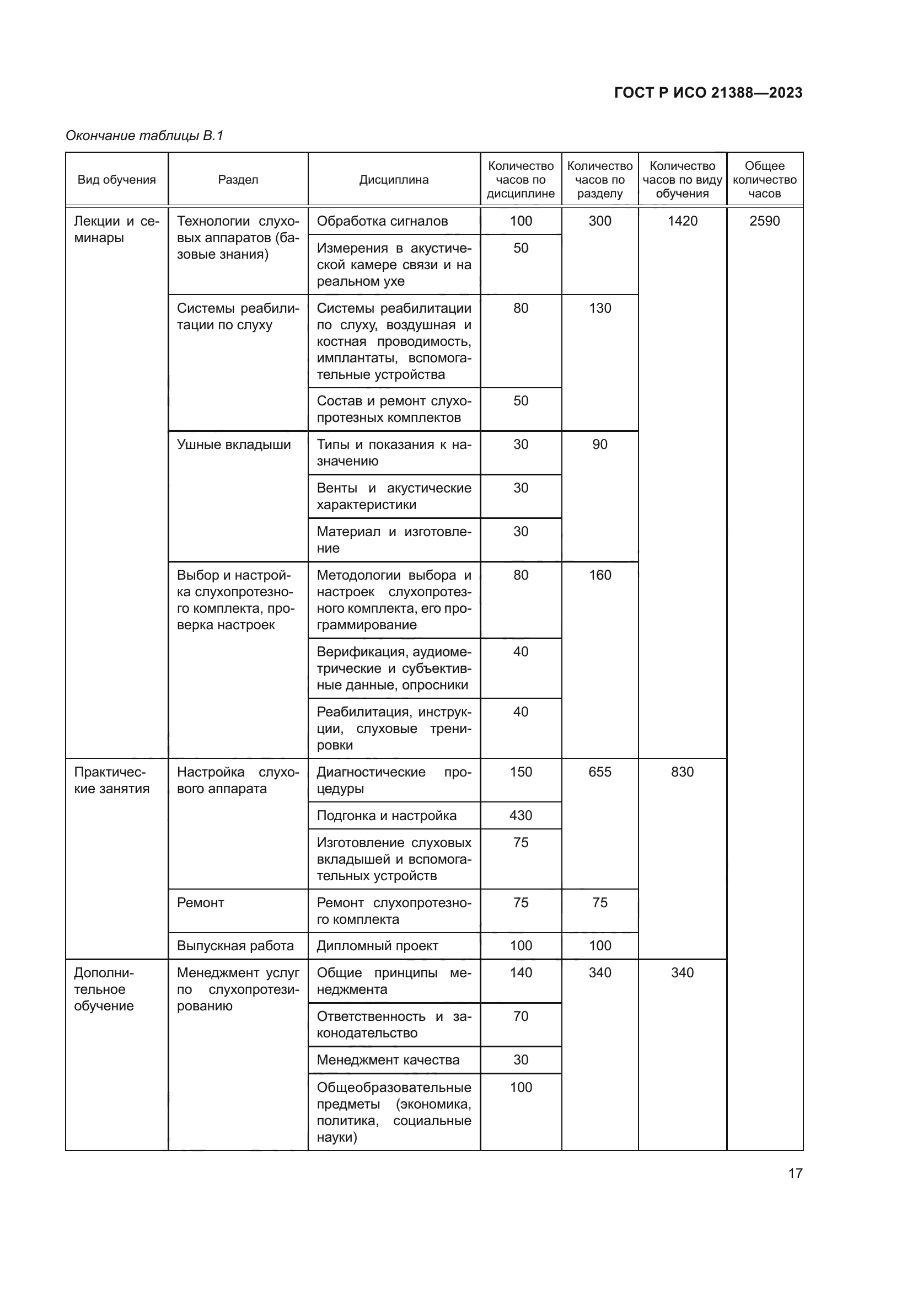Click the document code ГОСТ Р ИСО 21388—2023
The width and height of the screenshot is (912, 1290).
708,93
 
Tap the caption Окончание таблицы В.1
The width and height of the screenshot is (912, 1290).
144,136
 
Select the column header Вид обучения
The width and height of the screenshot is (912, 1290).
116,180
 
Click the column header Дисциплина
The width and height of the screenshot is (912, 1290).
394,180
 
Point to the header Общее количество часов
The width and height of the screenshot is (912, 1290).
764,180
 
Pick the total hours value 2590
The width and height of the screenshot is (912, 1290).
764,221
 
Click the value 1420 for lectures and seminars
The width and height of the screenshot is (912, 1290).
682,221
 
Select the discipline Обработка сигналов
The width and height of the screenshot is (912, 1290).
382,221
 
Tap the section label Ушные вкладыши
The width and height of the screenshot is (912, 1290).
234,445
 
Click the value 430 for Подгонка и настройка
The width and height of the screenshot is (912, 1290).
521,815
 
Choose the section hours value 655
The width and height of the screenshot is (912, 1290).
600,772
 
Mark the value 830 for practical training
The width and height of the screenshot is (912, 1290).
682,772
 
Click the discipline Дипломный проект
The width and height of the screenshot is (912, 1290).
377,946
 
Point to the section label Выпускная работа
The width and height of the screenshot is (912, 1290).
235,946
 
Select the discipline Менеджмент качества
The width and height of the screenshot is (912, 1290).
388,1059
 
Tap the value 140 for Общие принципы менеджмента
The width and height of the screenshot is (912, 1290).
521,972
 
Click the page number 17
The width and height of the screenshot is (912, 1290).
795,1173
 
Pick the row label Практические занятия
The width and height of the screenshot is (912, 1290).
112,780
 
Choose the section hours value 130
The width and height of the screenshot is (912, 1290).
600,308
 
